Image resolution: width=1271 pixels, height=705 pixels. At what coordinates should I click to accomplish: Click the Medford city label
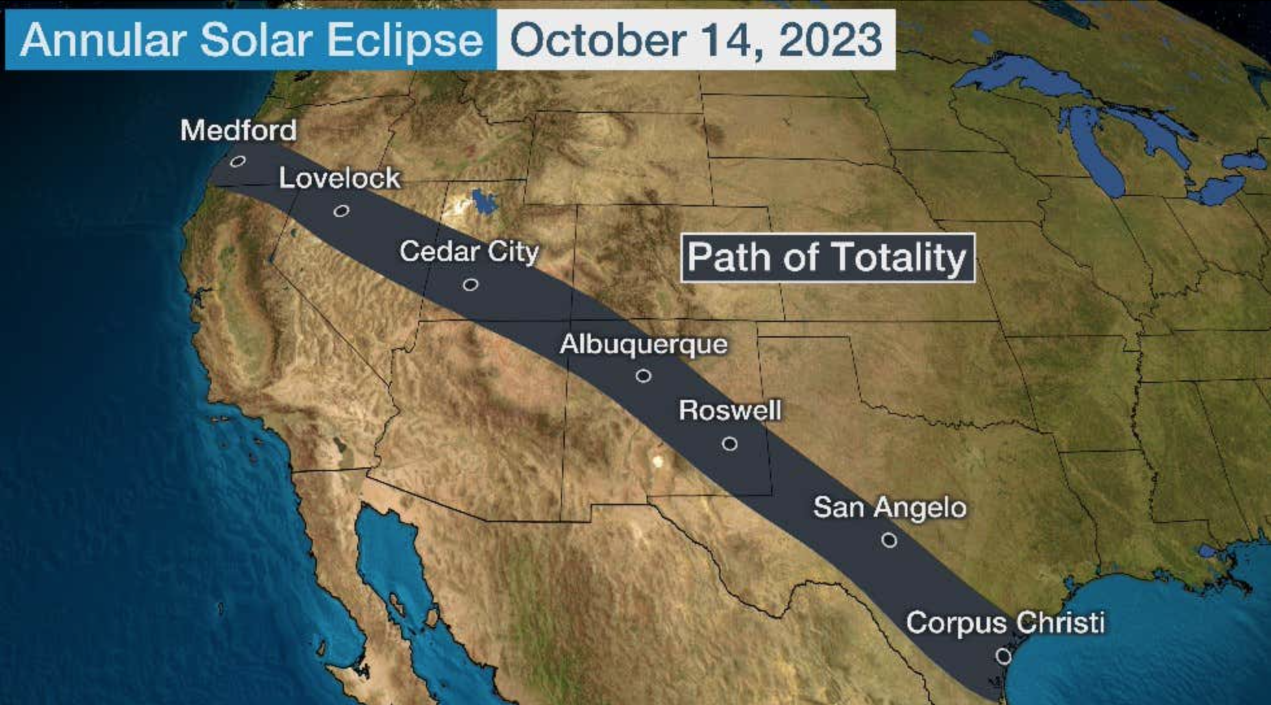238,130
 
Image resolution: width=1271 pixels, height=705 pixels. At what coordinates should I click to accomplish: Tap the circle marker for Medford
238,161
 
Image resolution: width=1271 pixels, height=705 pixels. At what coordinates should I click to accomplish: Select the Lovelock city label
339,179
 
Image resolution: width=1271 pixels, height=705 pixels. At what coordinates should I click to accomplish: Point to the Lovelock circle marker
341,210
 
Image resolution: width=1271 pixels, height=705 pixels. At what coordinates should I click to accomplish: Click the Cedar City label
469,251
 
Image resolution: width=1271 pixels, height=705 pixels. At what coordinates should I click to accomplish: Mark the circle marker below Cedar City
471,284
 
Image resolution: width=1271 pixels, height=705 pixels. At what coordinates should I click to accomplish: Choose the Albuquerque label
643,344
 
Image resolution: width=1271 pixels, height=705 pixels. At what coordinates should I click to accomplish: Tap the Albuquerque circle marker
643,376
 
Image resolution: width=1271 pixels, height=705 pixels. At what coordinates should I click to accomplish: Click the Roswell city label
730,410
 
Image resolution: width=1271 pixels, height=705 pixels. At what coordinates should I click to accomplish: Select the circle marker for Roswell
730,444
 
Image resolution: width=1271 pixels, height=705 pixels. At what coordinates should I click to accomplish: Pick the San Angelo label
890,508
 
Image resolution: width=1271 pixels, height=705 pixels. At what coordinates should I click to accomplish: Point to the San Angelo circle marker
889,540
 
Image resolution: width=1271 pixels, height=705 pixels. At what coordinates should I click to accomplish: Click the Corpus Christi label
1005,623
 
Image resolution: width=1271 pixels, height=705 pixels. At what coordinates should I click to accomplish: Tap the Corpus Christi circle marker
1004,656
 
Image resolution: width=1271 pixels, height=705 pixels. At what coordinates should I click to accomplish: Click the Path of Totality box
828,258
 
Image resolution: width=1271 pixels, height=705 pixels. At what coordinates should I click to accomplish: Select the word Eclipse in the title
404,40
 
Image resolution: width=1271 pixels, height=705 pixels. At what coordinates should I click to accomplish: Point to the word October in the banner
597,40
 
